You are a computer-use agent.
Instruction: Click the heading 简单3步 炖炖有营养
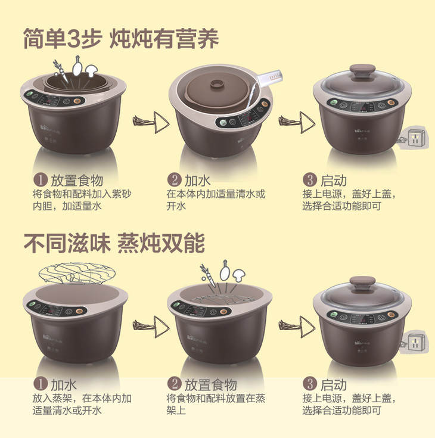[x=121, y=39]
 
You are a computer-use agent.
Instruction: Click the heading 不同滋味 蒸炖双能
[x=114, y=243]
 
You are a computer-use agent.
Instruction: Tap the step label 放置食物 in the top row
[x=77, y=181]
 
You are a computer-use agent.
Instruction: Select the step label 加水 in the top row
[x=197, y=181]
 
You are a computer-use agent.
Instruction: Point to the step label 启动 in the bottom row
[x=333, y=384]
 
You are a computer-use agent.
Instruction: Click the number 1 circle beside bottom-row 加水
[x=41, y=384]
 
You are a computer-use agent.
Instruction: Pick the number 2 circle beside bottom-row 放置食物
[x=175, y=384]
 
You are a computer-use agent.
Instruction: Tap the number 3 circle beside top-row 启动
[x=309, y=179]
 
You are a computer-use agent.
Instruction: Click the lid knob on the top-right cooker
[x=362, y=70]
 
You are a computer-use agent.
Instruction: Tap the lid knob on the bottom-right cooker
[x=362, y=281]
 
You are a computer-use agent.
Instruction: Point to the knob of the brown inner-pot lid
[x=217, y=84]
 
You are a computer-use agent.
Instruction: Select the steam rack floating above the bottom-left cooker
[x=77, y=273]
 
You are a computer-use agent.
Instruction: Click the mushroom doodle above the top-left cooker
[x=91, y=71]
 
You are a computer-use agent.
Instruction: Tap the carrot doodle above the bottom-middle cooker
[x=208, y=275]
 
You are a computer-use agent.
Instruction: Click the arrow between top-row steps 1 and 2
[x=151, y=122]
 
